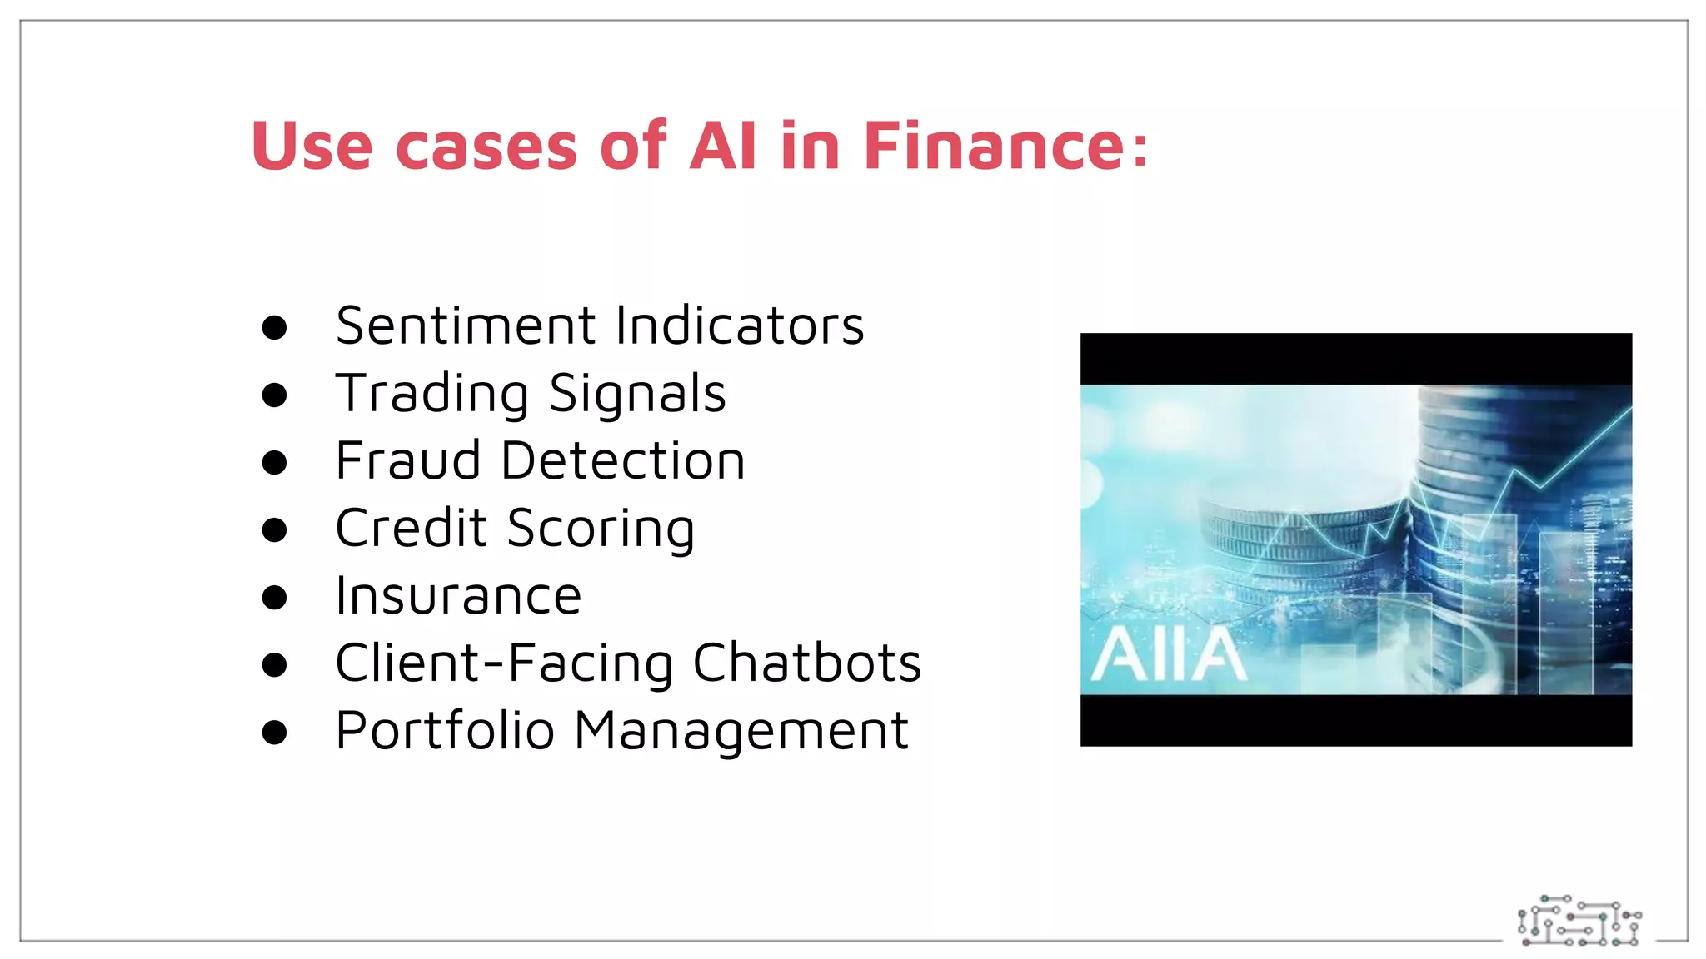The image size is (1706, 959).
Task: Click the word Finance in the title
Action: coord(995,147)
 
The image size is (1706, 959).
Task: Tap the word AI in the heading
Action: coord(723,147)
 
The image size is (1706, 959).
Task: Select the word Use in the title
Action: coord(312,147)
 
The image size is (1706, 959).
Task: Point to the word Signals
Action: coord(637,394)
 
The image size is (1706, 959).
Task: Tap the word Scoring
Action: coord(601,529)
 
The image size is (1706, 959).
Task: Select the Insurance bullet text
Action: coord(458,596)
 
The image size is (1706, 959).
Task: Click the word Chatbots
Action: coord(807,663)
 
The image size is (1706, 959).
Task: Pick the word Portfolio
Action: coord(445,731)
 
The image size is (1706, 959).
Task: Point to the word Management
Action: coord(741,731)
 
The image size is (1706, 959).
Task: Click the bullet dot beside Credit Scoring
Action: coord(274,529)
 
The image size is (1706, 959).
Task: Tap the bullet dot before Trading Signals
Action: coord(274,395)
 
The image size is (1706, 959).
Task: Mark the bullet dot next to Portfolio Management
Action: coord(274,733)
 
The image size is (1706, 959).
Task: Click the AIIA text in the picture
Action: coord(1168,655)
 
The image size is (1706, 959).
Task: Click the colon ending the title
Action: coord(1140,147)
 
